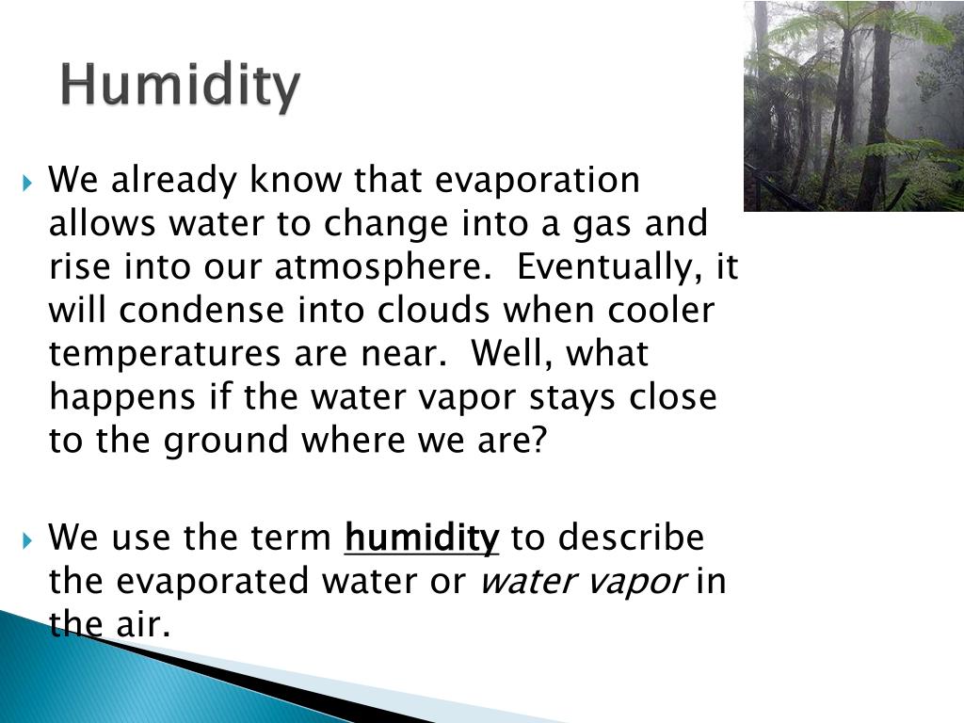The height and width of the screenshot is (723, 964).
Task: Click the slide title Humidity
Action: tap(181, 86)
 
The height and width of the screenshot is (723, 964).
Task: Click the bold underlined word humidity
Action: tap(423, 539)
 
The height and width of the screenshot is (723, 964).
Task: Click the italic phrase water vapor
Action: tap(583, 583)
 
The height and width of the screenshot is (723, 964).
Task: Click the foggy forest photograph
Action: tap(853, 105)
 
